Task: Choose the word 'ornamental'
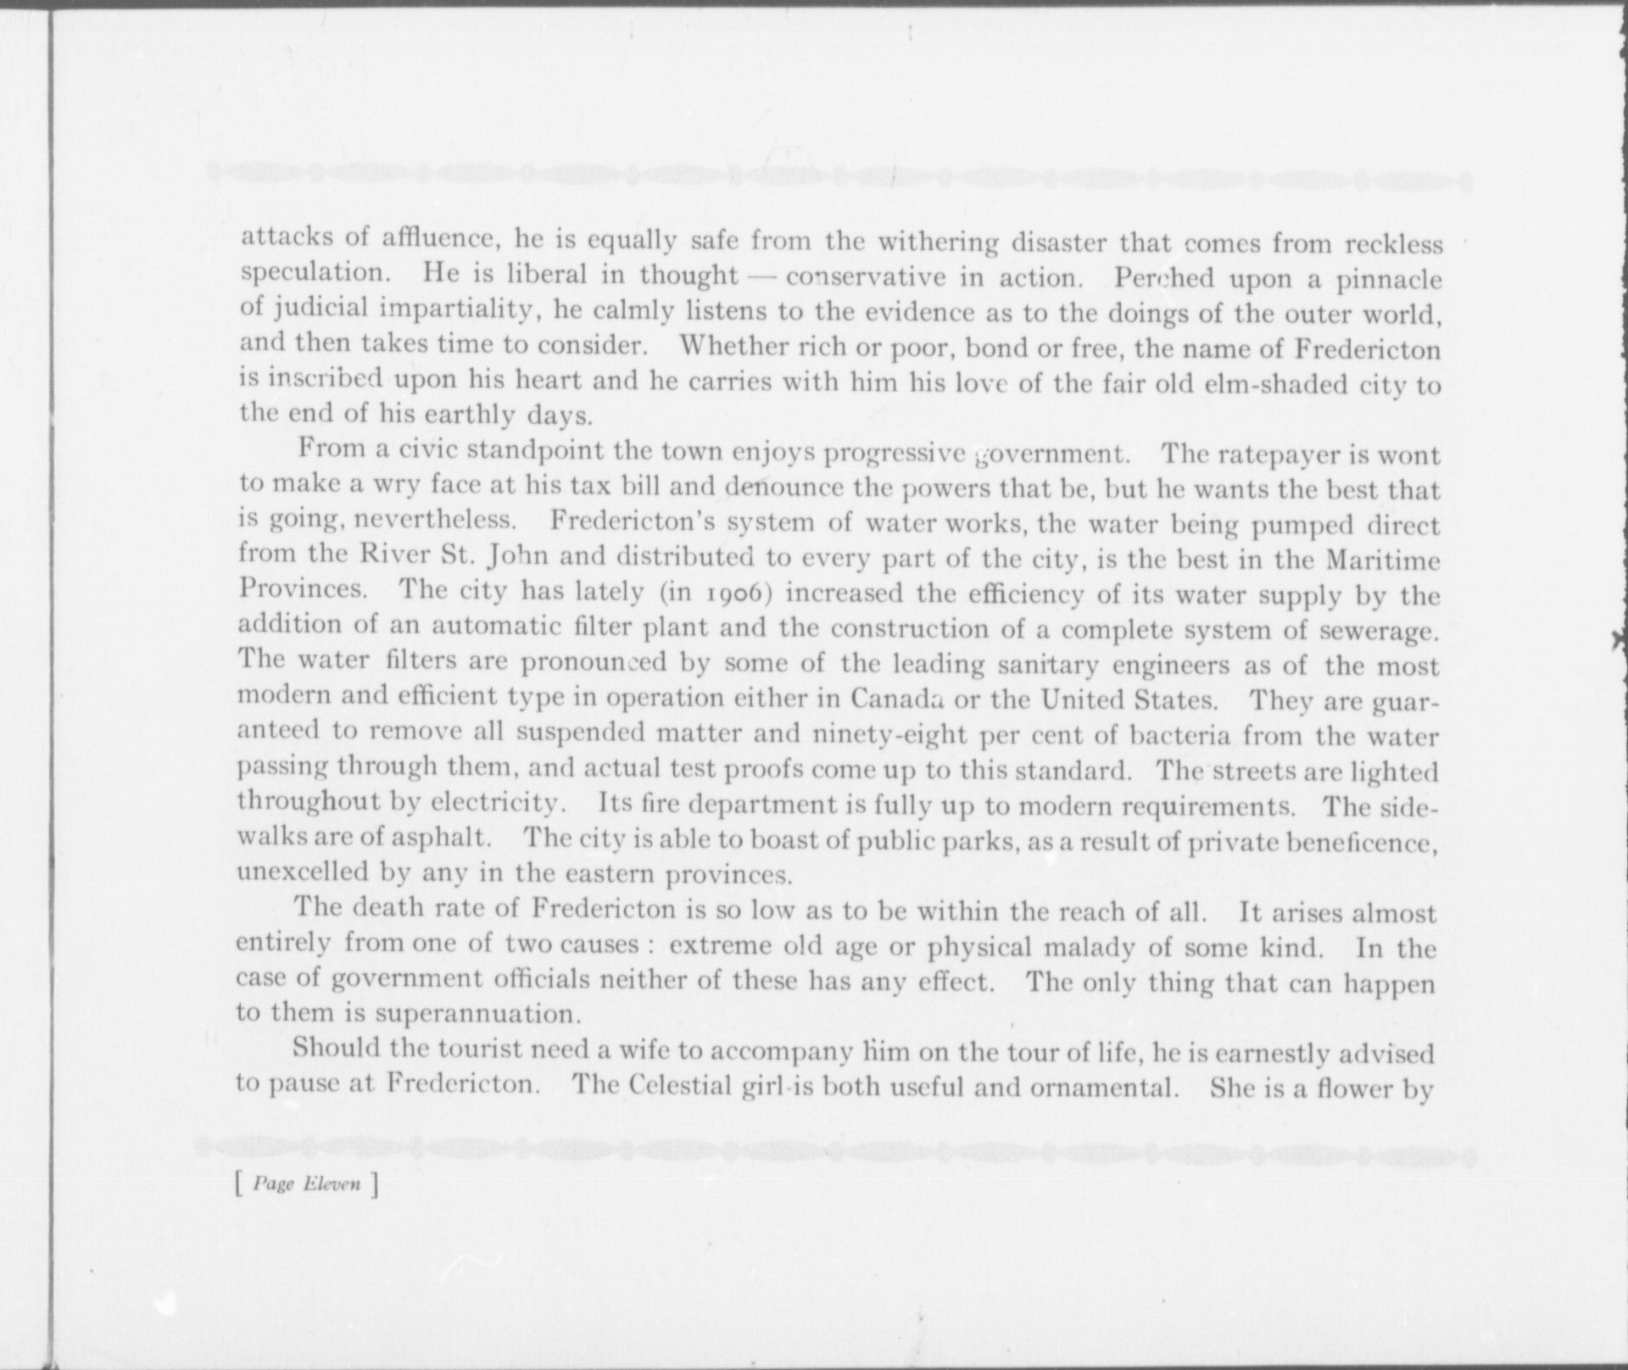(1103, 1087)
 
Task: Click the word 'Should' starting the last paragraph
(337, 1048)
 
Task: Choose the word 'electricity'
(495, 802)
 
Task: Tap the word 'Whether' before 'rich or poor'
(728, 347)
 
